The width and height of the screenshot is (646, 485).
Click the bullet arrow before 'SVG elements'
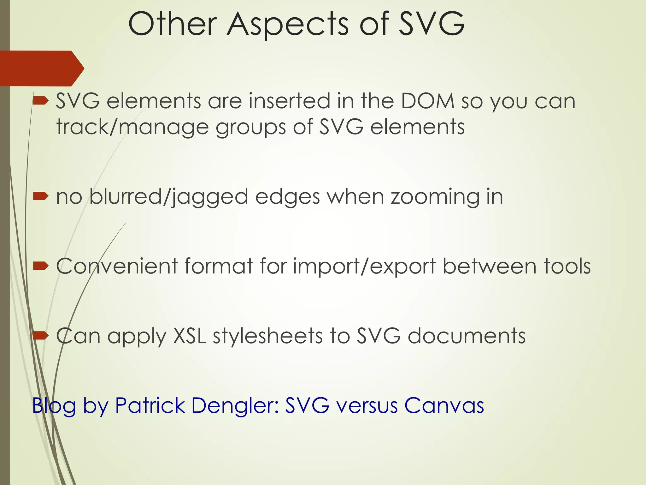click(x=41, y=101)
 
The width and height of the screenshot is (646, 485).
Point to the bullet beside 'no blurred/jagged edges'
click(x=41, y=197)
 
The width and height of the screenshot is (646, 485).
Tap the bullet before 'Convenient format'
click(x=41, y=266)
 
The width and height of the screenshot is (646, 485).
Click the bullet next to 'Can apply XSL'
click(x=41, y=335)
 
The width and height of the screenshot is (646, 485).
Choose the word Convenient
click(x=117, y=266)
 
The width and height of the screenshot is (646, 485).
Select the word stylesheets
click(x=268, y=336)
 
